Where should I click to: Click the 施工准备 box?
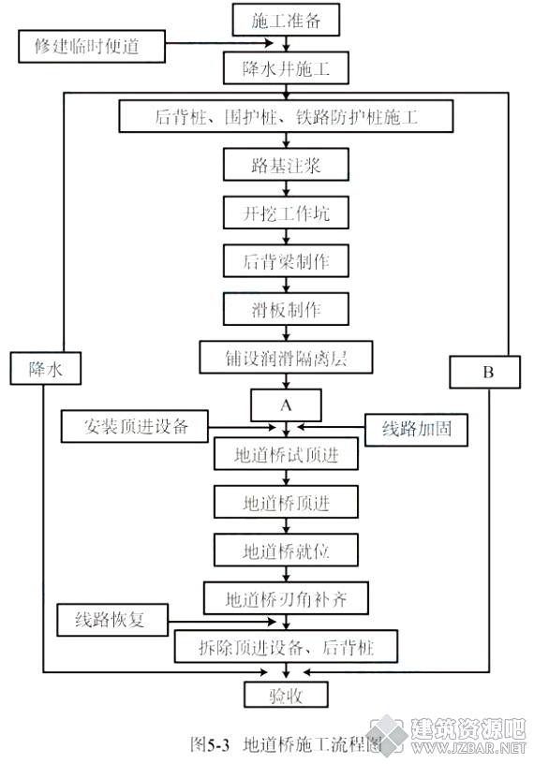pos(286,20)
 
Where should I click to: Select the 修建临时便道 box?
pos(92,46)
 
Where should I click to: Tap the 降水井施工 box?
pos(286,68)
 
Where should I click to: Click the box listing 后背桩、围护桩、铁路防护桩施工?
pos(286,116)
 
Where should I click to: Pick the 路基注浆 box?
pos(286,165)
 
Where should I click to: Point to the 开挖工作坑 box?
pos(286,213)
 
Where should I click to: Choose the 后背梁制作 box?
pos(286,260)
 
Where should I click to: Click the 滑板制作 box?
pos(286,309)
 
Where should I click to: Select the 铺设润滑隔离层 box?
pos(286,357)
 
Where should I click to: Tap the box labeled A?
pos(286,404)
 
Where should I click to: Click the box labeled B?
pos(484,372)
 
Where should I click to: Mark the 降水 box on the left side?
pos(45,368)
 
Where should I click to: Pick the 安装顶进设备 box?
pos(135,426)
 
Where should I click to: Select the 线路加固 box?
pos(416,430)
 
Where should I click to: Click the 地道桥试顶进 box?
pos(286,453)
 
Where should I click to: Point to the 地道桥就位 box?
pos(286,551)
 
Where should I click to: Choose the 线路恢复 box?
pos(112,620)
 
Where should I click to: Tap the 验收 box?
pos(286,695)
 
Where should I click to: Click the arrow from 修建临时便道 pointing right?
pos(219,43)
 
